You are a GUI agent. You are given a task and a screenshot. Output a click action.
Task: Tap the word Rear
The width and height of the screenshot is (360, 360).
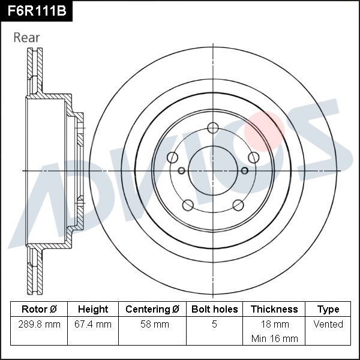pyautogui.click(x=26, y=38)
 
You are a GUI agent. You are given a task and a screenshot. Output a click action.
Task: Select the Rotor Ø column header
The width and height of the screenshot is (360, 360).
pyautogui.click(x=39, y=310)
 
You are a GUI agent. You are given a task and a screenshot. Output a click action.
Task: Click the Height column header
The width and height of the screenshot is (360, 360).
pyautogui.click(x=93, y=310)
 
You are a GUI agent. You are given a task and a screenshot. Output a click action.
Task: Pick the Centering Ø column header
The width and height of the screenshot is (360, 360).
pyautogui.click(x=152, y=310)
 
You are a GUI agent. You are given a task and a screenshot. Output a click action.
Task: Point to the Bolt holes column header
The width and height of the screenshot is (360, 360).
pyautogui.click(x=214, y=310)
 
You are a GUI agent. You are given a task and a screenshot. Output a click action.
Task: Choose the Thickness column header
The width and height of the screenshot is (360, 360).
pyautogui.click(x=274, y=310)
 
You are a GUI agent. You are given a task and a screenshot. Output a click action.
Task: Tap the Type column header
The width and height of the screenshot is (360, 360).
pyautogui.click(x=328, y=310)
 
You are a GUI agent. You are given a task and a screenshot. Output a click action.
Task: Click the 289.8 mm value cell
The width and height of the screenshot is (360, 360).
pyautogui.click(x=39, y=325)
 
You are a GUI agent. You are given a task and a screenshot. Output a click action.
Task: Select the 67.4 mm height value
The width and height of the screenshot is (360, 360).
pyautogui.click(x=93, y=325)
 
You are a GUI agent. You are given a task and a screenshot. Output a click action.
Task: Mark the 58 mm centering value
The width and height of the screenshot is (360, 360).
pyautogui.click(x=152, y=325)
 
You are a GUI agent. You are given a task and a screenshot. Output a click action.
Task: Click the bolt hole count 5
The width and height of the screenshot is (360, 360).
pyautogui.click(x=214, y=325)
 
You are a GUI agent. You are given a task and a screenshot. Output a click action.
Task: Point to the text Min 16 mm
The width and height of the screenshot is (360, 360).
pyautogui.click(x=274, y=338)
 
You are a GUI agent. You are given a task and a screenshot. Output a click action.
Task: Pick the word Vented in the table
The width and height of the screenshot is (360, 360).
pyautogui.click(x=328, y=325)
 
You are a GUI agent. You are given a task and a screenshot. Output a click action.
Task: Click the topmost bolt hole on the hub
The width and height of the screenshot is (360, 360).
pyautogui.click(x=213, y=127)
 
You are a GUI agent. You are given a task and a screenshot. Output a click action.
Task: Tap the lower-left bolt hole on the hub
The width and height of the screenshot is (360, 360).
pyautogui.click(x=187, y=205)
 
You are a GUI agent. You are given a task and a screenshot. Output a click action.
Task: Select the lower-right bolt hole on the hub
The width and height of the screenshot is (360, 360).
pyautogui.click(x=238, y=205)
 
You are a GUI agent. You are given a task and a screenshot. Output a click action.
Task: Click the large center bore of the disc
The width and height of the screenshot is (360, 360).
pyautogui.click(x=213, y=170)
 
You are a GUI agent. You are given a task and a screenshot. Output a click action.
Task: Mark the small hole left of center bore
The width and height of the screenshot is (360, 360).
pyautogui.click(x=182, y=170)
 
